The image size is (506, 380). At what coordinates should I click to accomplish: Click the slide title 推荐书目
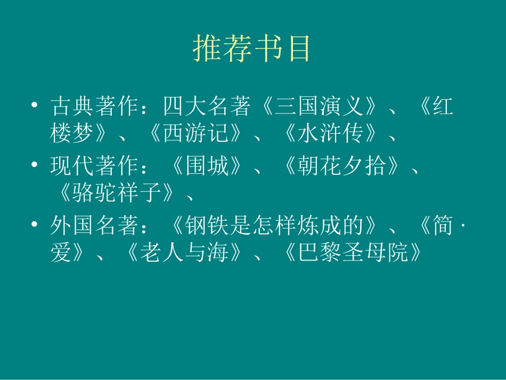[x=251, y=50]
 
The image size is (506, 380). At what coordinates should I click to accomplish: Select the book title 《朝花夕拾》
[x=341, y=167]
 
